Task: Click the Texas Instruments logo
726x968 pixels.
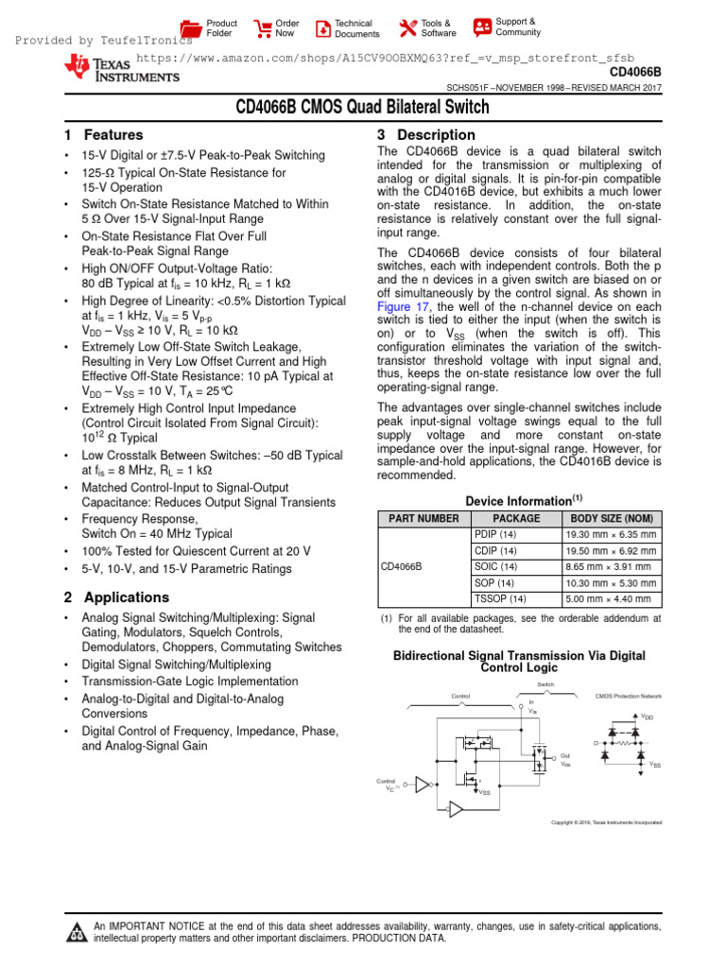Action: click(x=99, y=69)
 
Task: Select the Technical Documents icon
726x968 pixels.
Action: click(x=322, y=28)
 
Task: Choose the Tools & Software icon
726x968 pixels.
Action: click(x=407, y=28)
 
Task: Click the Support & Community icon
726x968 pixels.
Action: click(x=482, y=26)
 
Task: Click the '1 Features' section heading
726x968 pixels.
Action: click(x=103, y=135)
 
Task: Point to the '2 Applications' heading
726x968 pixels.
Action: click(x=116, y=597)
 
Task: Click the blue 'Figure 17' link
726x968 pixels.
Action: click(x=404, y=307)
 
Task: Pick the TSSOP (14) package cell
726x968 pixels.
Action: click(x=499, y=598)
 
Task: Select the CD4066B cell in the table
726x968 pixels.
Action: click(x=401, y=566)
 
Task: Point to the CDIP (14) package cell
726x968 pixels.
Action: click(x=495, y=550)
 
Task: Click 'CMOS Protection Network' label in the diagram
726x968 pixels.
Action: click(x=629, y=696)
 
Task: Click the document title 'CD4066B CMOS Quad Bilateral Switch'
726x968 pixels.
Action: click(x=363, y=109)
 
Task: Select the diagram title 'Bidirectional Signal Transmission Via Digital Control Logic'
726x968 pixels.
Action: click(x=518, y=661)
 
